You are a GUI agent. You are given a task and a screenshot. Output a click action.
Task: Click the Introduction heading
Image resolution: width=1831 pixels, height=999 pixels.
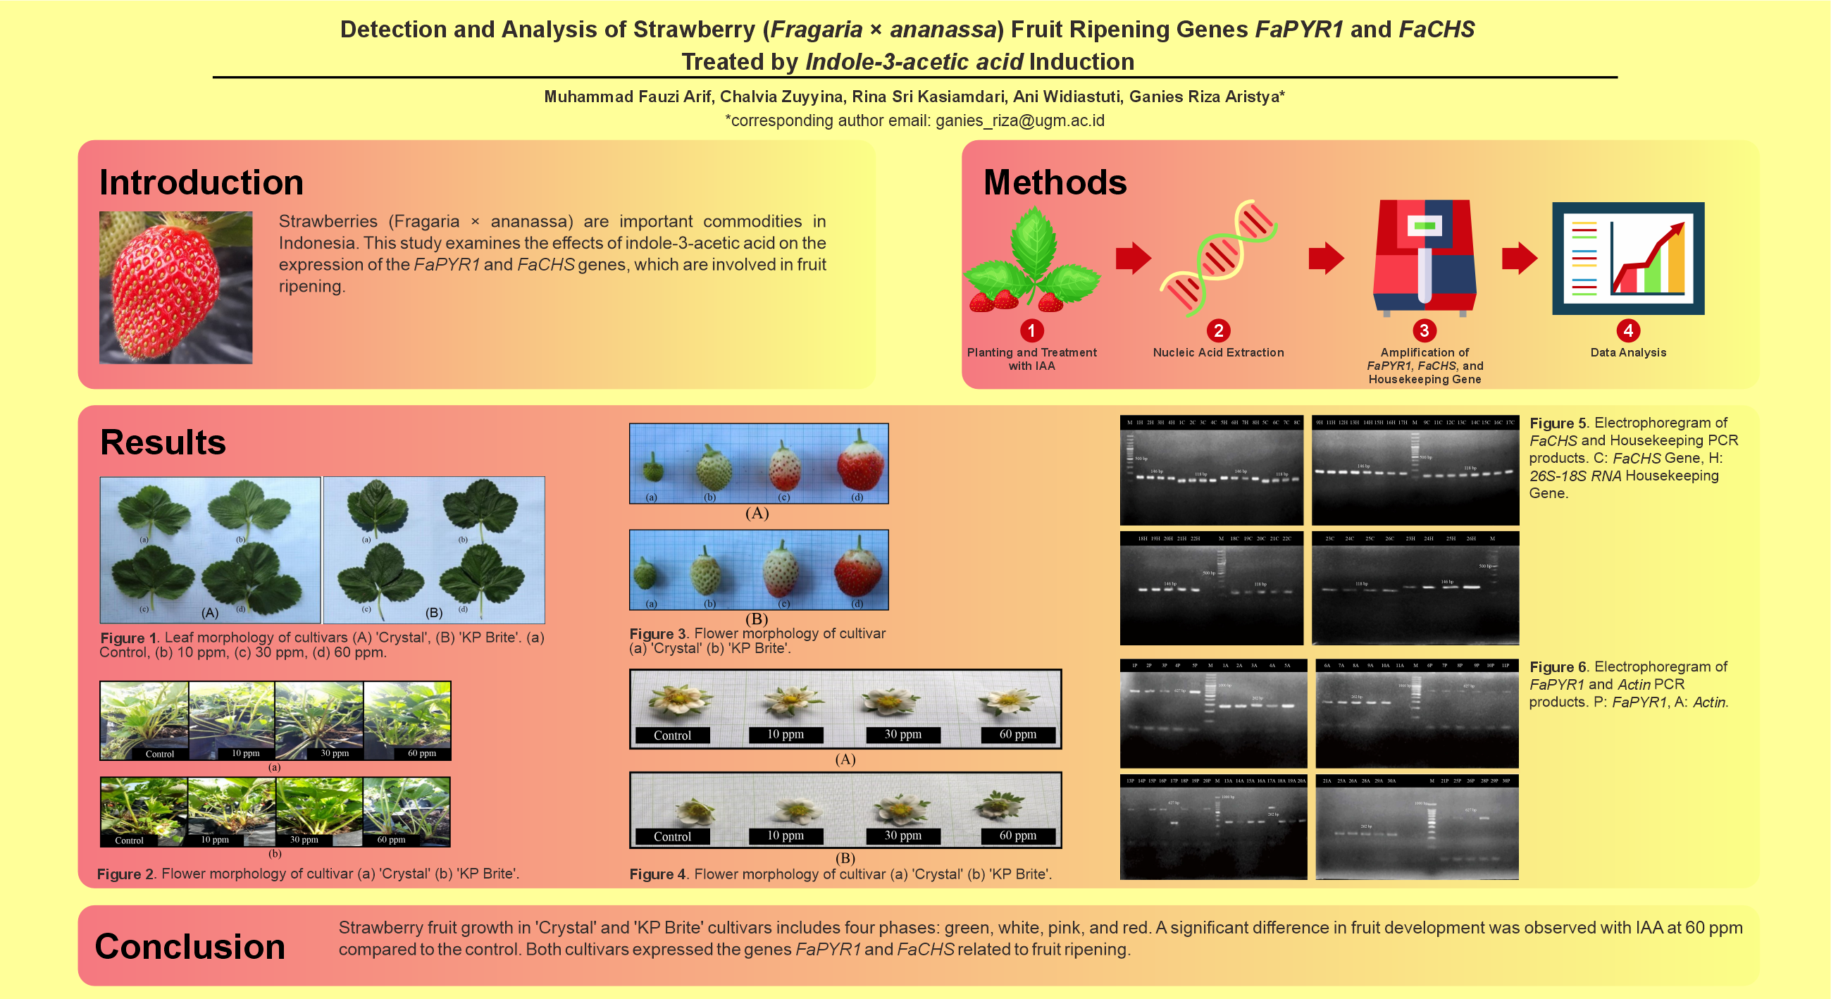click(201, 182)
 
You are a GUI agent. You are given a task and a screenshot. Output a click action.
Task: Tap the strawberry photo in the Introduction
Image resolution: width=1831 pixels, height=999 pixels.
click(175, 287)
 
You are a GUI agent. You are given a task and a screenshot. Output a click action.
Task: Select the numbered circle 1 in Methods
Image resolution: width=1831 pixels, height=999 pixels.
click(1031, 330)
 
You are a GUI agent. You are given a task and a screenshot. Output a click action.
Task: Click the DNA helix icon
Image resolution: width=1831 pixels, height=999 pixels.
click(1218, 257)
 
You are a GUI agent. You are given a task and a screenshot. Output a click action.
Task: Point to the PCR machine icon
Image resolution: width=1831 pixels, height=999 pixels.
click(1425, 257)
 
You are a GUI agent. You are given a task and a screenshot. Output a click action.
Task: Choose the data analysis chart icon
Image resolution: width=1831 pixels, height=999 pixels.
click(1627, 258)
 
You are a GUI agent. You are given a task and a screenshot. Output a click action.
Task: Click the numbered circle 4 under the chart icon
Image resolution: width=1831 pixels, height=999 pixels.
click(1627, 330)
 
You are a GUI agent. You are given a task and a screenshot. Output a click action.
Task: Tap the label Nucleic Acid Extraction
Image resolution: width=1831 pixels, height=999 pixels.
click(1218, 353)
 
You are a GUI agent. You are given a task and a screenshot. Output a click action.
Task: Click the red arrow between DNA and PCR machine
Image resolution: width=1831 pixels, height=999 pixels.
click(1326, 257)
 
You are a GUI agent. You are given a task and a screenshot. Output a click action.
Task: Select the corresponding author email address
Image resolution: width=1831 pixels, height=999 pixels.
click(1019, 121)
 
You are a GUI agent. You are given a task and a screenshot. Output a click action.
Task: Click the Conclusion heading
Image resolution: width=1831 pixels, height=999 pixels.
click(190, 946)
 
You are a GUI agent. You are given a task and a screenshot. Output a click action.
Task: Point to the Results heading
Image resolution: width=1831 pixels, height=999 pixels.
click(163, 442)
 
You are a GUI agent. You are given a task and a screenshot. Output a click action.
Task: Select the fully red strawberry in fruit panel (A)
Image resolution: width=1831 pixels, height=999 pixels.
click(860, 463)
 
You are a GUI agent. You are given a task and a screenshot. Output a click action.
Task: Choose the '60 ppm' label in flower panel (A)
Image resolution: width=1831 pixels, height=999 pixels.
click(1017, 735)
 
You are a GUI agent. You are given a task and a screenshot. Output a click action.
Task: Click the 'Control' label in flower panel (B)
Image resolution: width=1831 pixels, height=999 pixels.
click(671, 837)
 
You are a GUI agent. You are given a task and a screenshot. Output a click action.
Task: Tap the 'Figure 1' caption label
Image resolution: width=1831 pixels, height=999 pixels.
click(128, 638)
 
